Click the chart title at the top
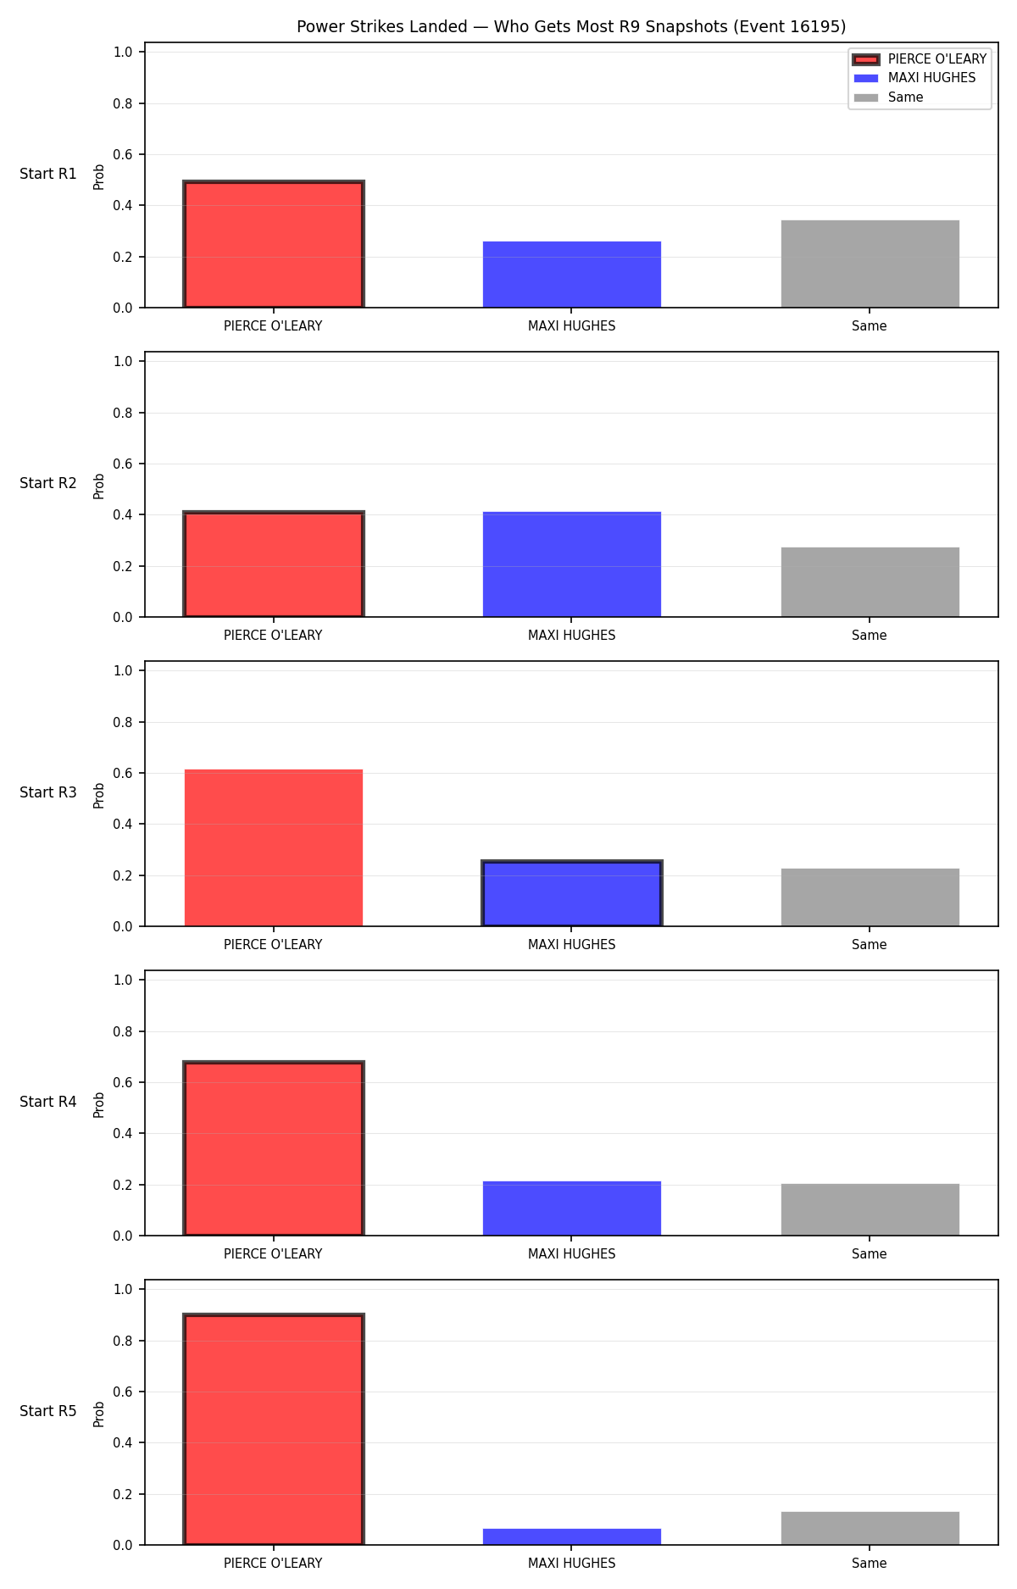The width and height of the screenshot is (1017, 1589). (x=571, y=26)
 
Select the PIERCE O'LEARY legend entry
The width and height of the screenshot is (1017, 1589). (x=920, y=59)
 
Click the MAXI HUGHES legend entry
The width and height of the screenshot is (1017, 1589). (x=914, y=78)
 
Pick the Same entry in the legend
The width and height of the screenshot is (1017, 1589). (x=888, y=97)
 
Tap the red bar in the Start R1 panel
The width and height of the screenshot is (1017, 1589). (x=274, y=244)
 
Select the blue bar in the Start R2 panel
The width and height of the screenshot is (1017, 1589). (x=572, y=564)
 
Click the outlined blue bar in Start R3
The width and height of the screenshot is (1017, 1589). (x=572, y=893)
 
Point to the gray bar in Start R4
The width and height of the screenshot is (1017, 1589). (x=870, y=1209)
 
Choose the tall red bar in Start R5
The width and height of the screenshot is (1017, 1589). (x=274, y=1430)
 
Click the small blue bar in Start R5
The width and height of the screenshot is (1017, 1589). (x=572, y=1536)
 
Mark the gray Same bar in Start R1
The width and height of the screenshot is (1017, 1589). (x=870, y=264)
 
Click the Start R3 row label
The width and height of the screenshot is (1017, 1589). (x=48, y=792)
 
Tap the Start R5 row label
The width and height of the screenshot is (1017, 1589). (x=48, y=1411)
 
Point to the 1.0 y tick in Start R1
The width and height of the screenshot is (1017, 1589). (x=123, y=52)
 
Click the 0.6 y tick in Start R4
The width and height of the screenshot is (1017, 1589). (x=123, y=1082)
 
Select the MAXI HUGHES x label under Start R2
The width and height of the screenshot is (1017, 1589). (x=572, y=635)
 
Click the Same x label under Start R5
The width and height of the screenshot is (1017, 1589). (x=870, y=1563)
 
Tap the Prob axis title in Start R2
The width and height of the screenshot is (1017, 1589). (x=99, y=486)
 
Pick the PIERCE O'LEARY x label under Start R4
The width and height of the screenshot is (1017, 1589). (x=273, y=1253)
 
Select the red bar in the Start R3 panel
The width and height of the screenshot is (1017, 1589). (x=274, y=847)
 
